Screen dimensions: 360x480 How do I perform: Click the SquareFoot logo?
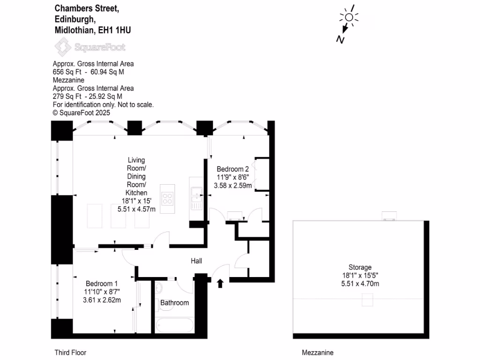point(90,47)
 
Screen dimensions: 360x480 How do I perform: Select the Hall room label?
point(196,261)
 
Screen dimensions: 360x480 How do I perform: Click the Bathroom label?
point(174,303)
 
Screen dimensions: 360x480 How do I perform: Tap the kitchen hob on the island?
point(167,199)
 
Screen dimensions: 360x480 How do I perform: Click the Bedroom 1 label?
point(101,284)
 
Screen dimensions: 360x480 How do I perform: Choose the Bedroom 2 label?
point(232,169)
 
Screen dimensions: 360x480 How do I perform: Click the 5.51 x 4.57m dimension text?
point(136,209)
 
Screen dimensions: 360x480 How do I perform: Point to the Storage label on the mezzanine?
point(360,267)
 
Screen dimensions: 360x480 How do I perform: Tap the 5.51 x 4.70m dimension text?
point(360,284)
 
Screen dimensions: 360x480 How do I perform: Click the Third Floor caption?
point(70,352)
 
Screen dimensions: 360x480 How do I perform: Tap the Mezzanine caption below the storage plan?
point(317,352)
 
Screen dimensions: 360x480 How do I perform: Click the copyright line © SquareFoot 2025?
point(81,112)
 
